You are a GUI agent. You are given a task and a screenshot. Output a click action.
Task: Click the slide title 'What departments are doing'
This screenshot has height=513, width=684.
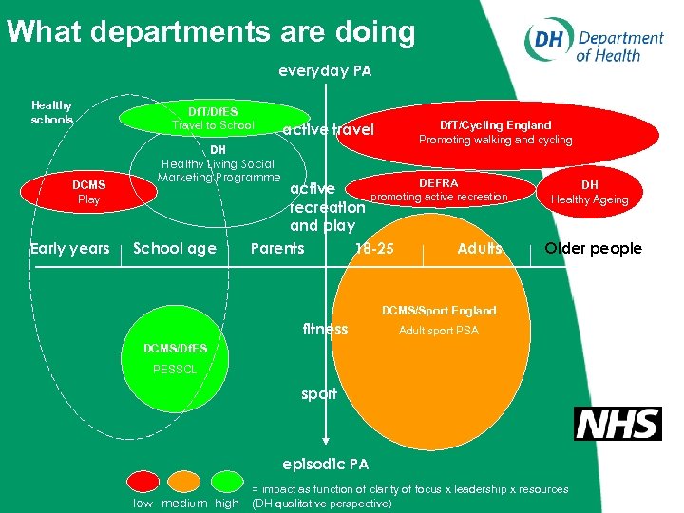211,32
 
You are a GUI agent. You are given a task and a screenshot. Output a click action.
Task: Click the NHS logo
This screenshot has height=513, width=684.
617,423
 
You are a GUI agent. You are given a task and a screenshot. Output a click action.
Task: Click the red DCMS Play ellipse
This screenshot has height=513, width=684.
88,192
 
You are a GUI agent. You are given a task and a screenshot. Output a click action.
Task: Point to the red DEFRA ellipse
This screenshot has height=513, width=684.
438,190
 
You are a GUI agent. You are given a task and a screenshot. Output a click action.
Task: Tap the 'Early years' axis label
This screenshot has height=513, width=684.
69,249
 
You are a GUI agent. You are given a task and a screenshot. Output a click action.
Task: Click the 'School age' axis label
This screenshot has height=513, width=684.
175,249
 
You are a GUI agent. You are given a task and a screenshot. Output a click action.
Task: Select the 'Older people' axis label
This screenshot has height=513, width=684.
593,249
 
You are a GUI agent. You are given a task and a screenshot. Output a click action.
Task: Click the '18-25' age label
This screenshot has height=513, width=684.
373,249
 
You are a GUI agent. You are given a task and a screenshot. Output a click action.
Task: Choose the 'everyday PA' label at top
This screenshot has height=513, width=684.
325,70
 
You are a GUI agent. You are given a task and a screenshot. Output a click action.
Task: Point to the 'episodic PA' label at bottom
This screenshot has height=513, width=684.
326,465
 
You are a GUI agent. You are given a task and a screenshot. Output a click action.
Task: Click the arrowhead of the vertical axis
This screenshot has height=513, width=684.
326,440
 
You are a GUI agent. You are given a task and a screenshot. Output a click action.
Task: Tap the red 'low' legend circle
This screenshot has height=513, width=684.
144,483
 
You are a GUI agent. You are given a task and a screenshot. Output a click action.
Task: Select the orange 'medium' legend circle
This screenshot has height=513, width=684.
185,483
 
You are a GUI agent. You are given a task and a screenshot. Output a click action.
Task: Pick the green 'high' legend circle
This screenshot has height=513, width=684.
227,483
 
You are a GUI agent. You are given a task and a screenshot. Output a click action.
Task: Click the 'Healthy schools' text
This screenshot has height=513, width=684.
51,113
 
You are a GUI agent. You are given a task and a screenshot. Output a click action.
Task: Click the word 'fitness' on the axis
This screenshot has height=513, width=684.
325,330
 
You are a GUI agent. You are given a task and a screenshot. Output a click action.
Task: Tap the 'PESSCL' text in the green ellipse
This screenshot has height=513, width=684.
175,369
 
